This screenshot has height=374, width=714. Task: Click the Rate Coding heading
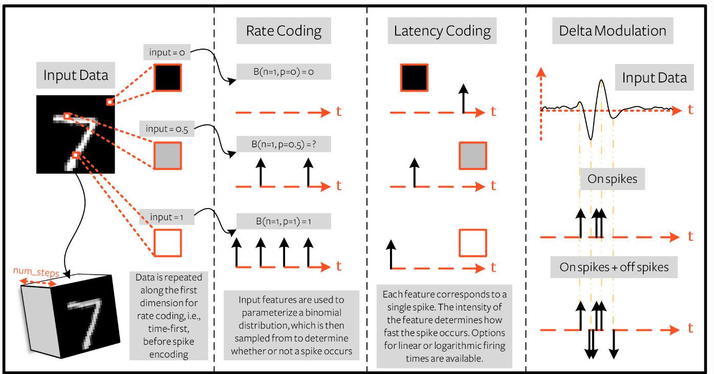pos(284,31)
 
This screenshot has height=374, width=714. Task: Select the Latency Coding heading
pos(442,31)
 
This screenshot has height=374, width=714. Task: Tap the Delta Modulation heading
pos(613,31)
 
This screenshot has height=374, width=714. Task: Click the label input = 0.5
pos(167,129)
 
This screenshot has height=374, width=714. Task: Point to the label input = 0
pos(167,52)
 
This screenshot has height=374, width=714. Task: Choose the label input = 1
pos(167,217)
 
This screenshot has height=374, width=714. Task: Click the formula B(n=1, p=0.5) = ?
pos(284,144)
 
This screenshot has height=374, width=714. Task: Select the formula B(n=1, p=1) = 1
pos(284,221)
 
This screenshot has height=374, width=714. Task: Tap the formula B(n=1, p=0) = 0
pos(284,72)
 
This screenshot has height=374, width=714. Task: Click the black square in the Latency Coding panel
pos(414,77)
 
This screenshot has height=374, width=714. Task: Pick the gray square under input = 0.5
pos(168,156)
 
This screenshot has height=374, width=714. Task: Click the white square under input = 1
pos(168,243)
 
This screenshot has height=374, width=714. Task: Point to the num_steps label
pos(36,272)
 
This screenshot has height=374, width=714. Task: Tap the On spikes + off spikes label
pos(614,267)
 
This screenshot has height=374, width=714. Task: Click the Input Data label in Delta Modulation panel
pos(655,77)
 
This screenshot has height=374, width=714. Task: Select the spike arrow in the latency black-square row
pos(464,98)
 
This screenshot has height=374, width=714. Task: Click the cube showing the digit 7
pos(71,316)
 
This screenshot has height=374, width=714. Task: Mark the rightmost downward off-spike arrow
pos(614,344)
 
